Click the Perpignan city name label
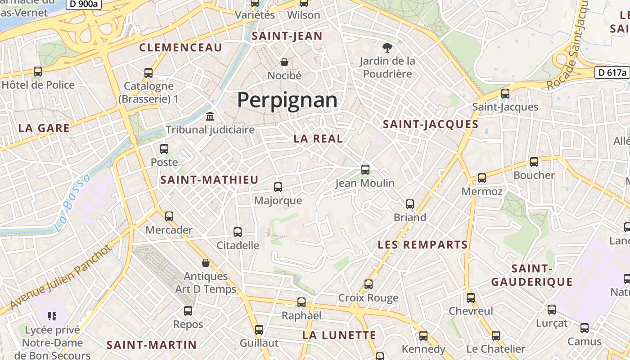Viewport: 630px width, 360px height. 287,100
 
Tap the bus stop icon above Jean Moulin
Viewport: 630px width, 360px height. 365,170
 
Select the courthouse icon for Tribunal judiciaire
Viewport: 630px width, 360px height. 210,117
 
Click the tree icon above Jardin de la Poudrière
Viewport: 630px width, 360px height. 387,47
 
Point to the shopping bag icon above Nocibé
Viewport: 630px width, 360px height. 284,62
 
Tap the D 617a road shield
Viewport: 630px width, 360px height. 612,72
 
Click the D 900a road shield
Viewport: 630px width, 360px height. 84,4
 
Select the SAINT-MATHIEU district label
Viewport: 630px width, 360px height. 210,180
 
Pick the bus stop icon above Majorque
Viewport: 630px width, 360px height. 278,187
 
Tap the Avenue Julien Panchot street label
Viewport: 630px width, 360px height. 60,278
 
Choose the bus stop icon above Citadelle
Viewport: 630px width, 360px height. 238,232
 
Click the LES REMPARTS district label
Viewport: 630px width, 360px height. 423,245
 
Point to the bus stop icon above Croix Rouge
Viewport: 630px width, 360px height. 369,284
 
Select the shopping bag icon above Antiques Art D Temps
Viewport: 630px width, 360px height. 206,263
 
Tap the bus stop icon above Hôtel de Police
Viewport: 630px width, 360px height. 38,71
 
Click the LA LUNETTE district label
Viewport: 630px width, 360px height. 339,335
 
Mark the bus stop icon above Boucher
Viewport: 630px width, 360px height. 534,162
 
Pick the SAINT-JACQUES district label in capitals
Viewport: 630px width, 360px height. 430,124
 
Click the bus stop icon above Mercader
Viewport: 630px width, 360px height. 169,216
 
